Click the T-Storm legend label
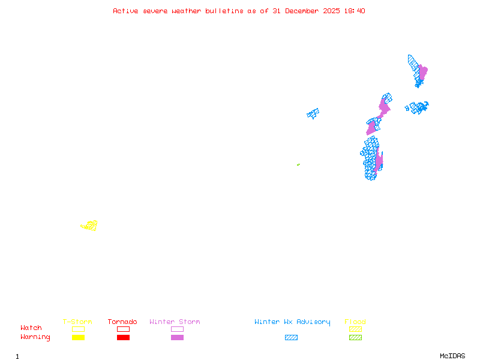point(77,322)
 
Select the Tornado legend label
point(122,322)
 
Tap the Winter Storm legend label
point(175,322)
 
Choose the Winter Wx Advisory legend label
point(292,322)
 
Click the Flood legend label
point(355,322)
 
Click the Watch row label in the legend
point(31,328)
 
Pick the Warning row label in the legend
point(35,337)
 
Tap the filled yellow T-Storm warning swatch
point(78,337)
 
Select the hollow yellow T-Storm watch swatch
point(78,329)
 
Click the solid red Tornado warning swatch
point(123,337)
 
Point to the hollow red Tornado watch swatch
point(123,329)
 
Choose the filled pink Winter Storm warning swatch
point(177,337)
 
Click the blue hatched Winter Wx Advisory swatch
point(291,337)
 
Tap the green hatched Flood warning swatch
point(355,337)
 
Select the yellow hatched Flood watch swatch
point(355,329)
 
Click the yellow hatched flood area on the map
point(90,226)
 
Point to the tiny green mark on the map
point(298,164)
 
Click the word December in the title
point(303,11)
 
